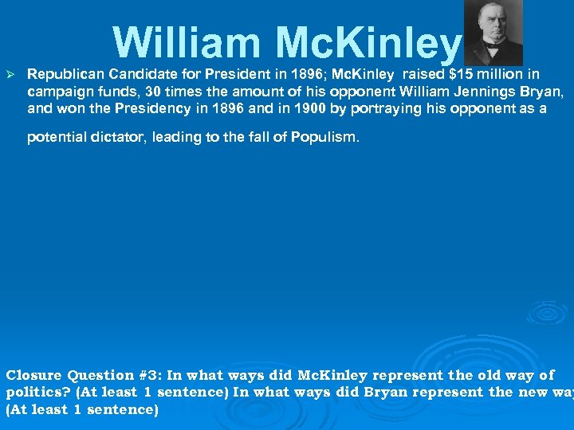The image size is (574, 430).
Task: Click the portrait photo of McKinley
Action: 493,33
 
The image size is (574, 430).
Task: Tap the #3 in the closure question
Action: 149,375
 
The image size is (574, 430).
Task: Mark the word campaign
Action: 58,92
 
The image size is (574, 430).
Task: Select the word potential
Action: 55,137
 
